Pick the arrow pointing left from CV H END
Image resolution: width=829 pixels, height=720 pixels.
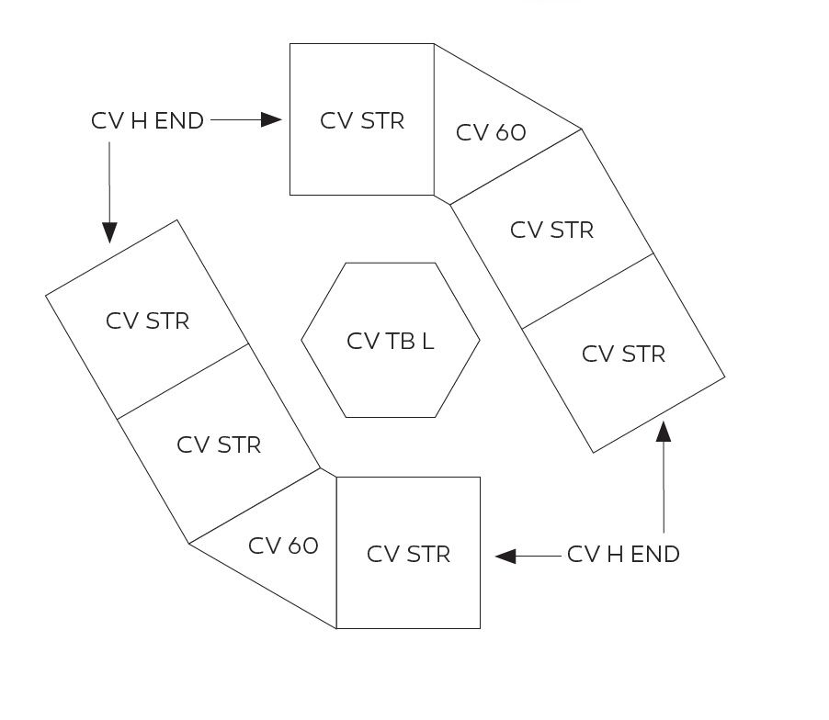(528, 556)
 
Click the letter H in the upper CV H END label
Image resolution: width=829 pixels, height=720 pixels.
(141, 121)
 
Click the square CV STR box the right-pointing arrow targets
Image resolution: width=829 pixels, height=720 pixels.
(362, 119)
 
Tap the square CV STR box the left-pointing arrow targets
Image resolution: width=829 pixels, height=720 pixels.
(408, 554)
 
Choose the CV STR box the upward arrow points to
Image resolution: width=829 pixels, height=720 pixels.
(623, 354)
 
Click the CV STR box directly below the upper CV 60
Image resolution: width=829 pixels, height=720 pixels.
(551, 230)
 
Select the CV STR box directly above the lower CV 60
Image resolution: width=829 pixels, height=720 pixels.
(219, 445)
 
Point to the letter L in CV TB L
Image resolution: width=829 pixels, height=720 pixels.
(428, 342)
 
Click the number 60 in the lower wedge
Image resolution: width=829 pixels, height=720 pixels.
(301, 546)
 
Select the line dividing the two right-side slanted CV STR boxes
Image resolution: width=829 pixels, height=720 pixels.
(587, 291)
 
